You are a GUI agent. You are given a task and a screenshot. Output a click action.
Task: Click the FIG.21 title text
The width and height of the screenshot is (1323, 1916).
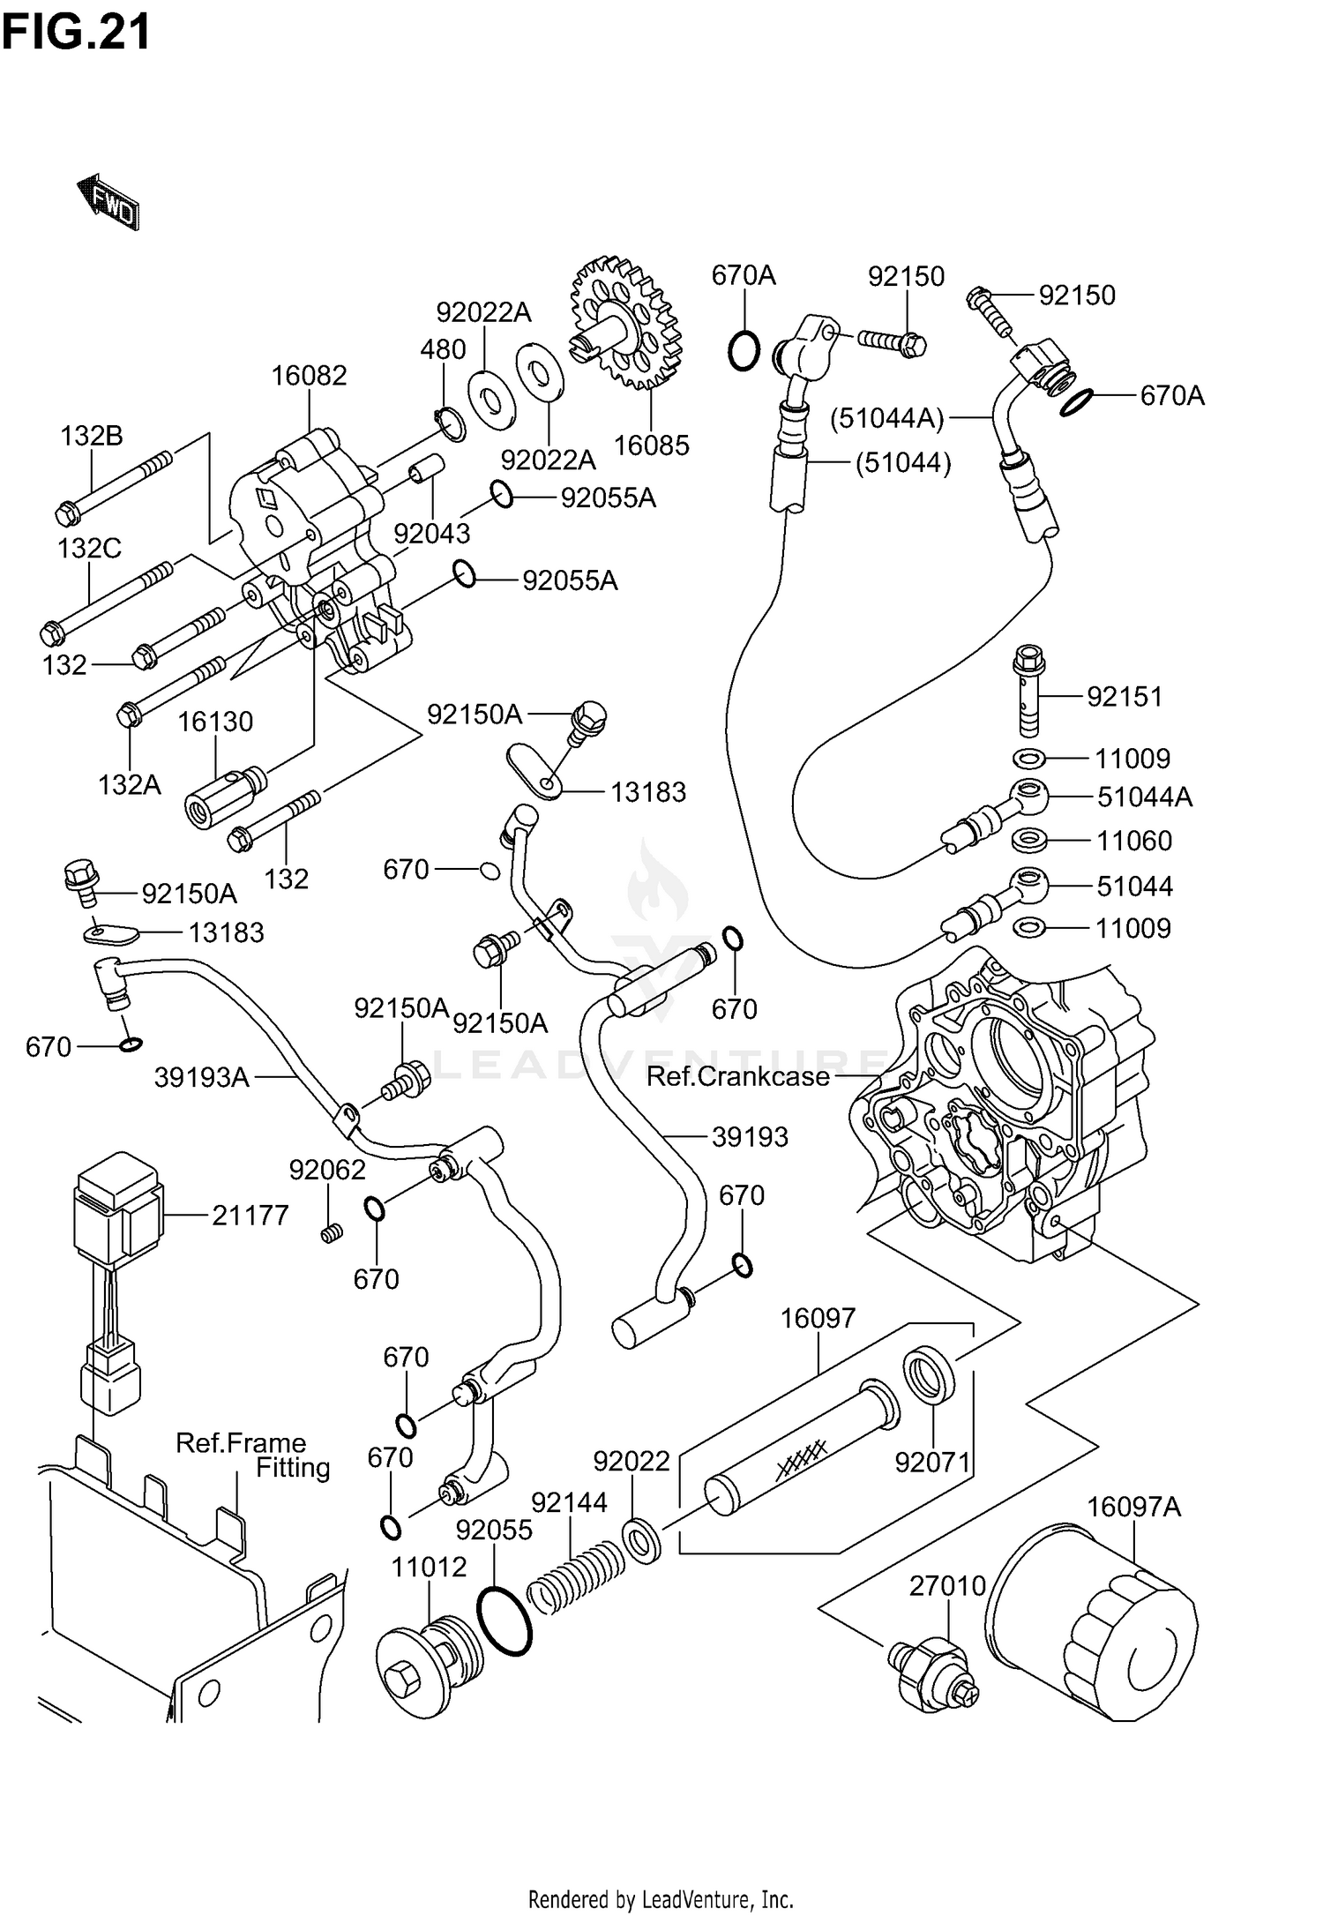pos(76,33)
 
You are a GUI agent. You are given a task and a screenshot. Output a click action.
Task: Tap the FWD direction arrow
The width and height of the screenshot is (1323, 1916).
pos(108,202)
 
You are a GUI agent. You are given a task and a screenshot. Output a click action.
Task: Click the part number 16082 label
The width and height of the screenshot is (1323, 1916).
pos(309,376)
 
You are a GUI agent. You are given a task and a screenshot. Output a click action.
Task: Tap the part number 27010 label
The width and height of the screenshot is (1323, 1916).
pos(947,1586)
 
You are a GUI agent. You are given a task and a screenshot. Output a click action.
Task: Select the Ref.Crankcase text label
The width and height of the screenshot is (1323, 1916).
pos(737,1076)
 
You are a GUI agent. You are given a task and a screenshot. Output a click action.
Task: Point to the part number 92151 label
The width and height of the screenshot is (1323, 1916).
pos(1125,697)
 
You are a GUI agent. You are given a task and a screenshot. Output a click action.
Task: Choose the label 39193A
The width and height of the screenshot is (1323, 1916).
pos(202,1077)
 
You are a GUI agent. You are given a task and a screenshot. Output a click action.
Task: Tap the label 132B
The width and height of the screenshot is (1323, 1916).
pos(92,436)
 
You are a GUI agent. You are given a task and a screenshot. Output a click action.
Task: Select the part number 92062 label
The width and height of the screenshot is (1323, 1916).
pos(327,1170)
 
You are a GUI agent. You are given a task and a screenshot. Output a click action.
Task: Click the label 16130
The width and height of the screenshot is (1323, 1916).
pos(215,722)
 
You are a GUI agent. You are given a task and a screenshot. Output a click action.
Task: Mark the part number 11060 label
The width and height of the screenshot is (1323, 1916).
pos(1134,841)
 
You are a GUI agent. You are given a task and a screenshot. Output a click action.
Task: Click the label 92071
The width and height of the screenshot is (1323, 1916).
pos(932,1463)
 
